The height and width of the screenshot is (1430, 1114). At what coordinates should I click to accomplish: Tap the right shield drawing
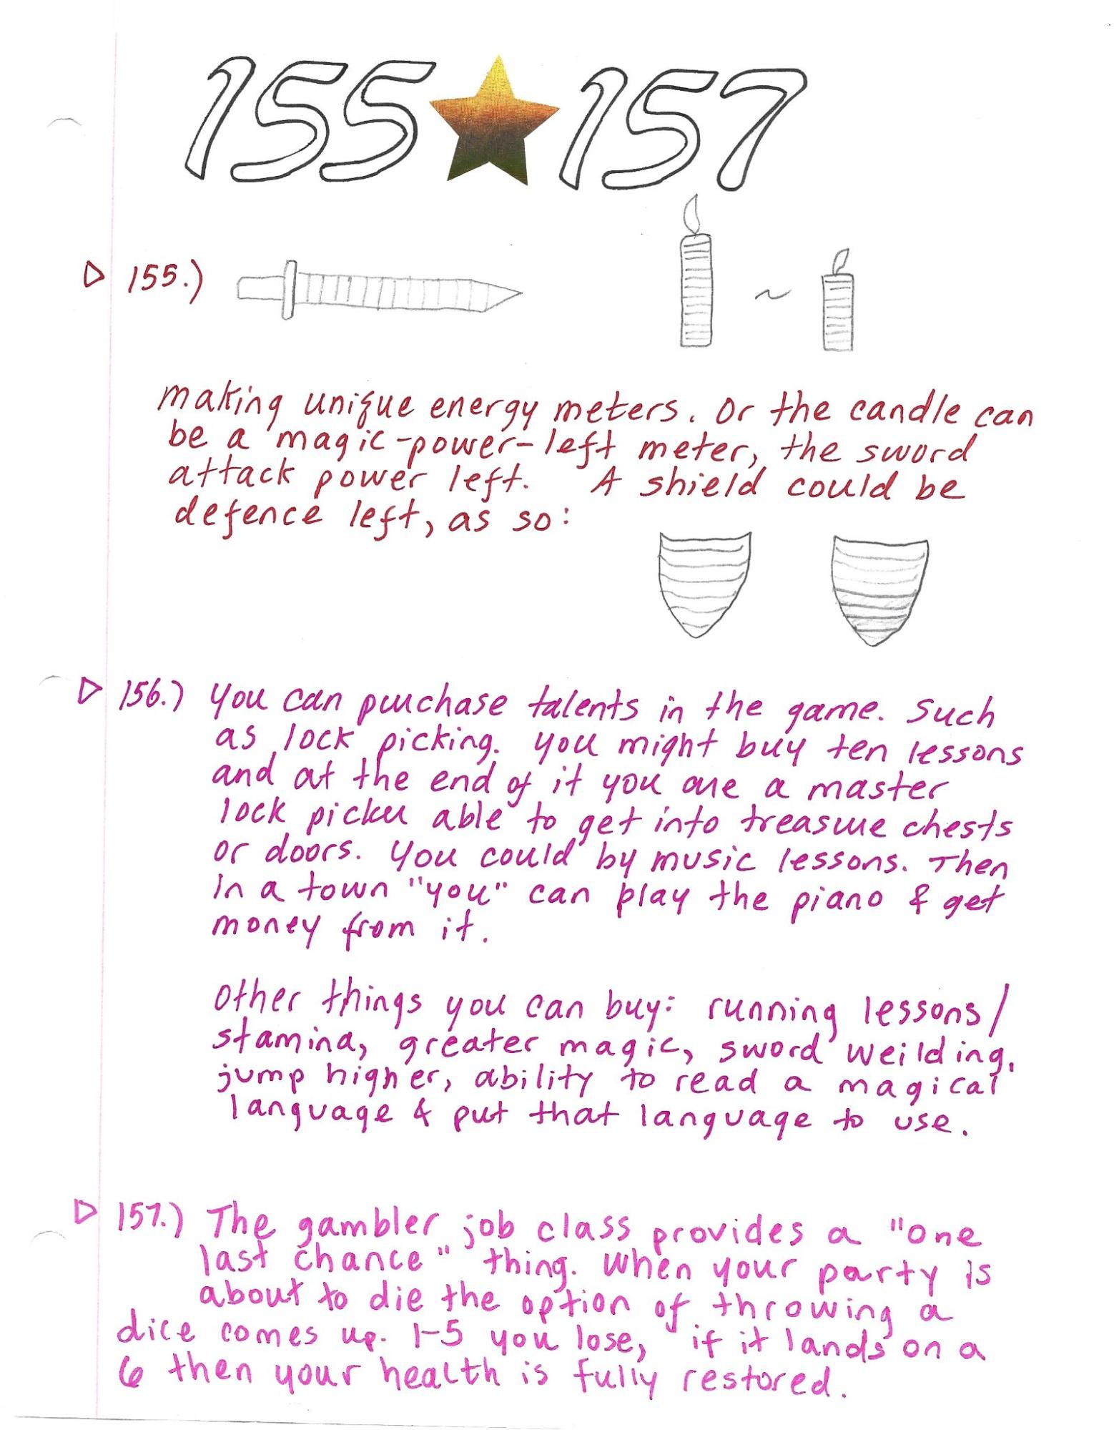point(880,589)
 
